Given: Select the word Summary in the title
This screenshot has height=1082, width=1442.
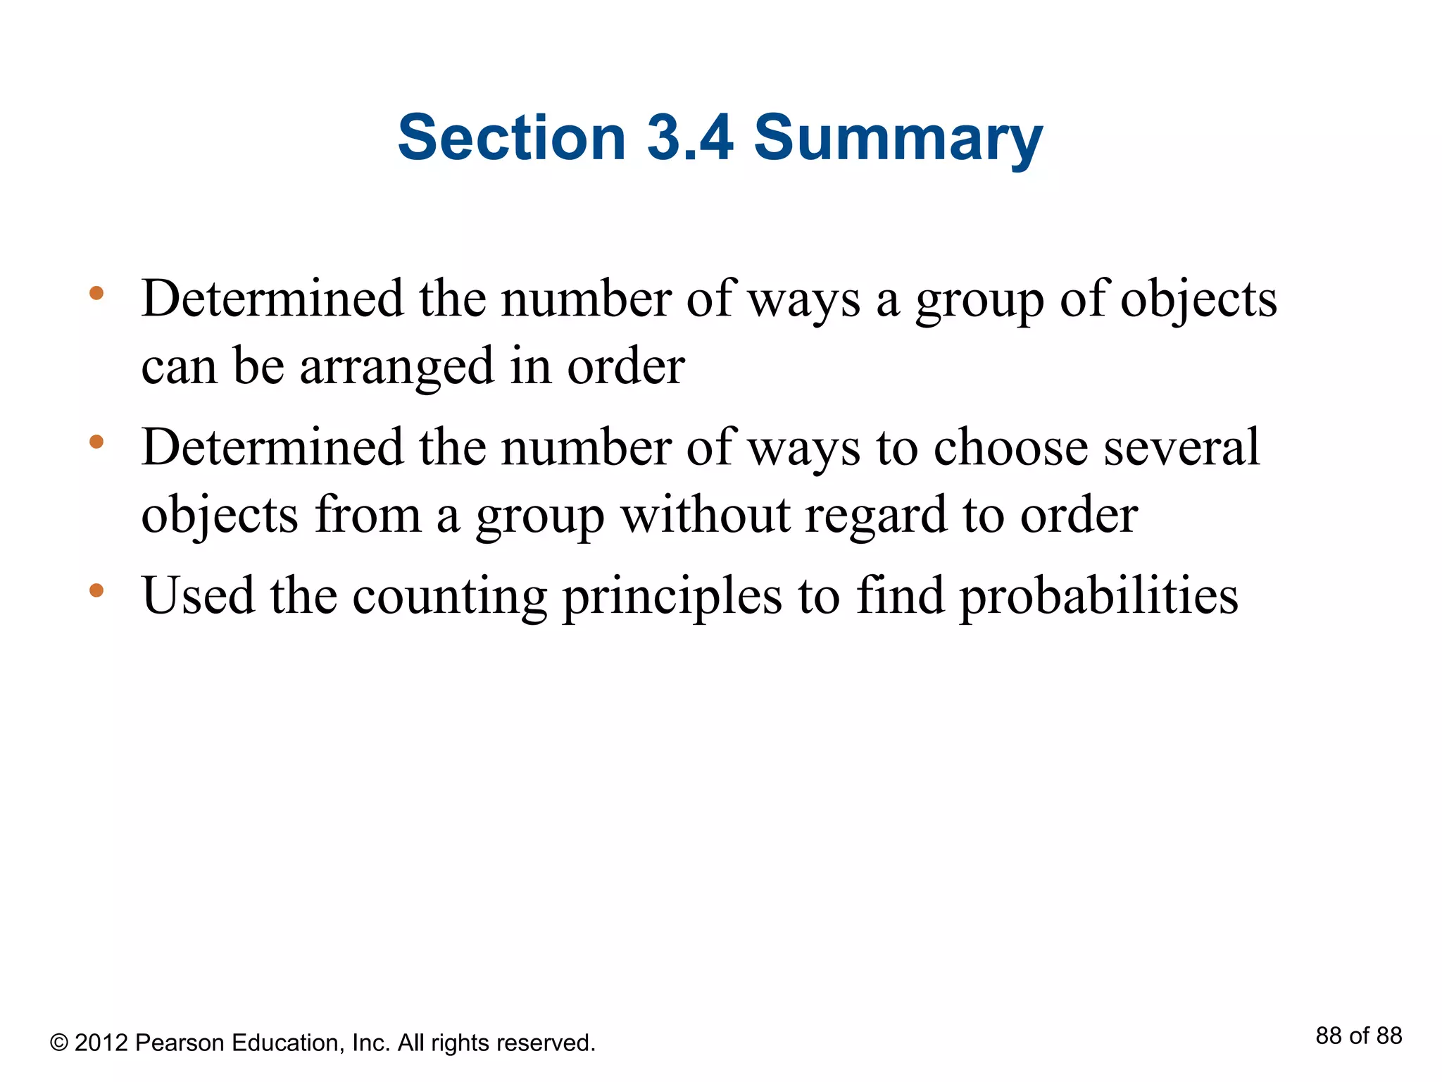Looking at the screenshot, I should [x=898, y=139].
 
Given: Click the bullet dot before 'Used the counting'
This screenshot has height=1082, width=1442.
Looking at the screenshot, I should [x=96, y=590].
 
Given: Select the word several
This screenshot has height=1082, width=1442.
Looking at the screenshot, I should [x=1181, y=447].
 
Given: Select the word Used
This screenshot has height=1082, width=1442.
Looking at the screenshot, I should [x=198, y=596].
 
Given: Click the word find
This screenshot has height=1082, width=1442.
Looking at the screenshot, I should [x=899, y=596].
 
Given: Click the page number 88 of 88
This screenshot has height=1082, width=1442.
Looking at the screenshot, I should [x=1358, y=1036].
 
